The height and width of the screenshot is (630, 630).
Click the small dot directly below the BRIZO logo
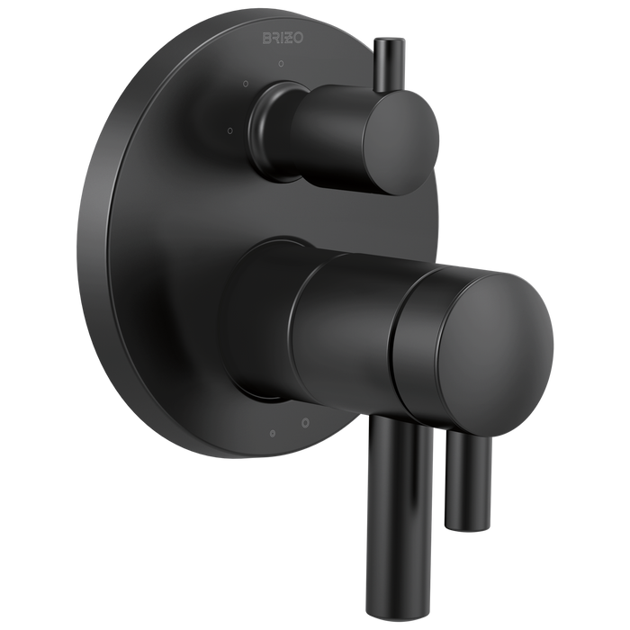click(280, 64)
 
